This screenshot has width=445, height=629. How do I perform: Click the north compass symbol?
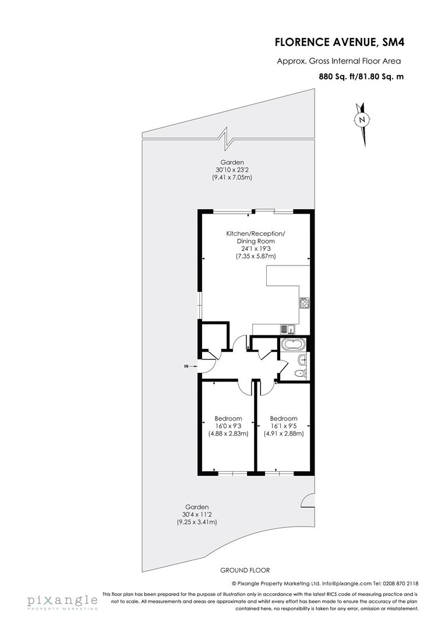(362, 120)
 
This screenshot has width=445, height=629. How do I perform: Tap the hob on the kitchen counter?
(304, 302)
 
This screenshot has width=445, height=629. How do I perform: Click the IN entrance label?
(186, 366)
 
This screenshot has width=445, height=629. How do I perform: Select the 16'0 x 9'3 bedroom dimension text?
(228, 426)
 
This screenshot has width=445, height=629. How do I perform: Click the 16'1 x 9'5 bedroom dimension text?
(284, 426)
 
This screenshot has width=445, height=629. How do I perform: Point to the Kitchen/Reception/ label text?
(256, 233)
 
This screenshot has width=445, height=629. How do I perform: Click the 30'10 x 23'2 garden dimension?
(232, 169)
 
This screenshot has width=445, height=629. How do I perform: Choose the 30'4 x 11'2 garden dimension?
(197, 514)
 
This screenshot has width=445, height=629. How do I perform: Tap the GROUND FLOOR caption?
(245, 570)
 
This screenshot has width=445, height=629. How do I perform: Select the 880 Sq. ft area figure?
(335, 76)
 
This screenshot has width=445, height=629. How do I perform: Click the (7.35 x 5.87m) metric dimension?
(256, 256)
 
